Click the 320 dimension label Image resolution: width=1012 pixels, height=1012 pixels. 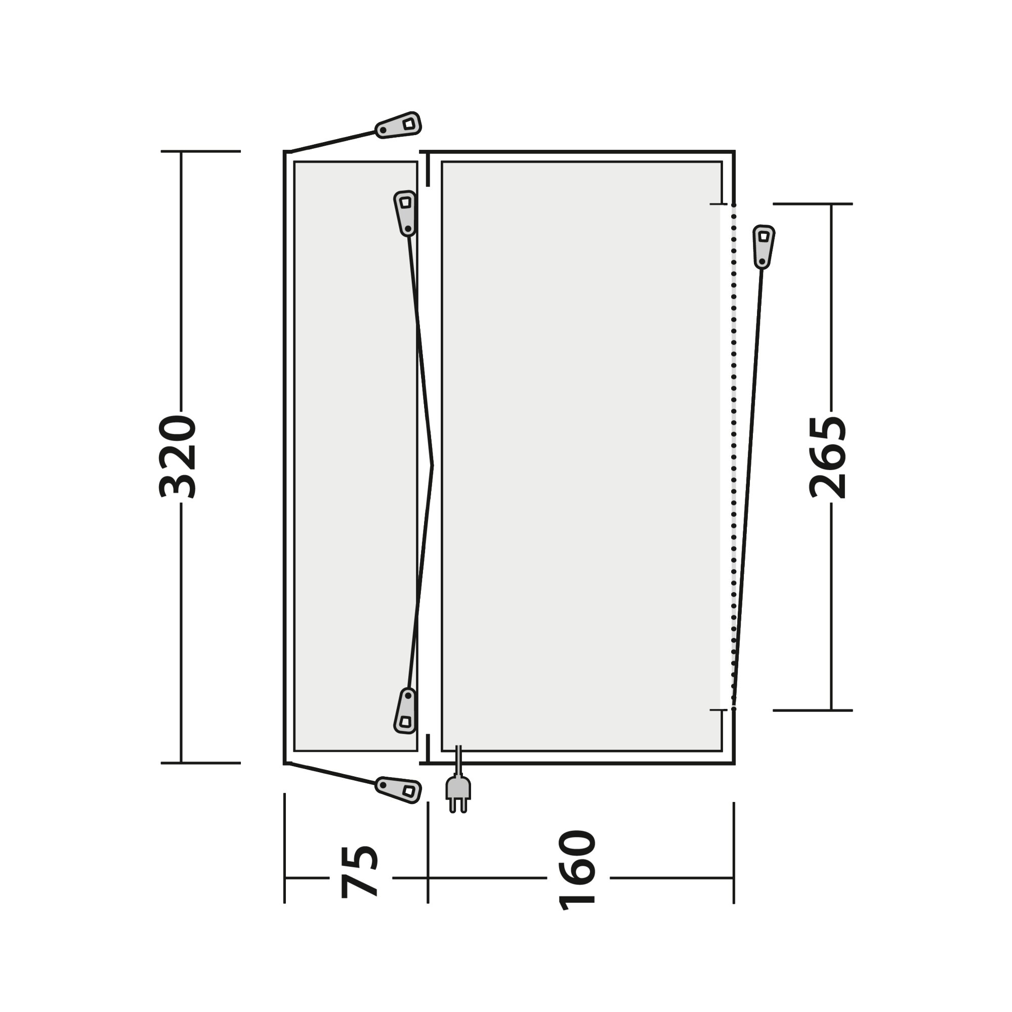coord(178,456)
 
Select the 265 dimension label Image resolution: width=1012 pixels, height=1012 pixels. coord(828,457)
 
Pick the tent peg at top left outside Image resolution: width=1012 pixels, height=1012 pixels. coord(399,125)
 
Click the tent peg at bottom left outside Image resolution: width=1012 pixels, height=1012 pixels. coord(399,789)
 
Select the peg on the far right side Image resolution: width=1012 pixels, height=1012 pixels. coord(763,247)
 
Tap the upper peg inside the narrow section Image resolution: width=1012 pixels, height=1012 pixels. coord(405,213)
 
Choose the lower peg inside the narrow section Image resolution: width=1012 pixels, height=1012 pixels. coord(405,711)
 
